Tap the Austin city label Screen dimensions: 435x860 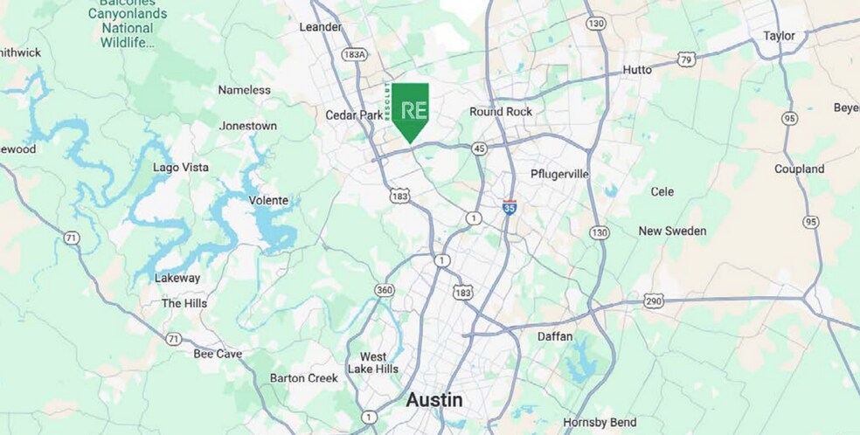[434, 399]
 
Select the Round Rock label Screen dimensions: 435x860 [500, 112]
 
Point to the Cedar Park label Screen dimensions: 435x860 [354, 115]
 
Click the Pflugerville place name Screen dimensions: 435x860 [559, 174]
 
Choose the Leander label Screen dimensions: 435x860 [321, 27]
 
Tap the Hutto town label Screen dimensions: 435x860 [638, 70]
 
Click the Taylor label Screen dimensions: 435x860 [779, 36]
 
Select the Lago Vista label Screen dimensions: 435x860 [180, 167]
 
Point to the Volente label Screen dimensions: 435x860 [268, 200]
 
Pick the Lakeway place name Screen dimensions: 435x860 [177, 278]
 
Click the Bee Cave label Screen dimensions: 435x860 [217, 354]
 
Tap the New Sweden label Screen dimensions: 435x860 [672, 231]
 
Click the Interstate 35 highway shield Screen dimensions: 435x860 [510, 207]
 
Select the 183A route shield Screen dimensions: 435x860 [354, 55]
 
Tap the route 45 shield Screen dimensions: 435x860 [479, 148]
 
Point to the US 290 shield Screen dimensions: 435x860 [652, 300]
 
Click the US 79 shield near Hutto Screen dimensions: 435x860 [686, 59]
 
